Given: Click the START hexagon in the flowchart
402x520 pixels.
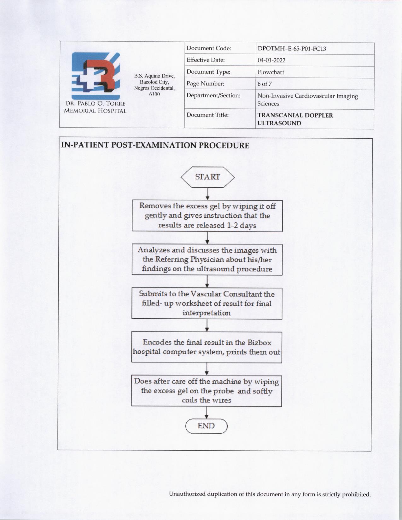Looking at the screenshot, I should (207, 177).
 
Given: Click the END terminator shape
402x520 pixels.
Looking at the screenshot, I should (206, 426).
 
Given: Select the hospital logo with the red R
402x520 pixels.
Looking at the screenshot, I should (96, 76).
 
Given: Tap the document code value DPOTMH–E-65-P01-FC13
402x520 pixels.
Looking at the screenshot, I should (292, 49).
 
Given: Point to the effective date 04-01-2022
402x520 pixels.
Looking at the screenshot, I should (271, 60).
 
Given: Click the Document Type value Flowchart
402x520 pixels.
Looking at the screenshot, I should (271, 72).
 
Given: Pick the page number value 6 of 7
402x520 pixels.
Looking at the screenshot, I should (265, 84).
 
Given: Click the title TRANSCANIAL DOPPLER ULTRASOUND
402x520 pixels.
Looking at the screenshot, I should (295, 119).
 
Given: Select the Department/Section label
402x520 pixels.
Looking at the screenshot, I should (213, 95).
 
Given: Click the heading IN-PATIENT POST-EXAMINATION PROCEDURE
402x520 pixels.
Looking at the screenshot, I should (155, 146).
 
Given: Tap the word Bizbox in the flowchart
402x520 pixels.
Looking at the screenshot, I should (259, 343).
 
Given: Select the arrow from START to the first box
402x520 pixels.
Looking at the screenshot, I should (207, 194).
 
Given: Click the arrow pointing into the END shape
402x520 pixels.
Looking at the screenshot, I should (207, 412).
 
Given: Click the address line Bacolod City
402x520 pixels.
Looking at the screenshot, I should (154, 82).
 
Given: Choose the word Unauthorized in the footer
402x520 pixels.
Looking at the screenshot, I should (187, 494).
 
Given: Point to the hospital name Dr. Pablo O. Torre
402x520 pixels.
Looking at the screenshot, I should (95, 104).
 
